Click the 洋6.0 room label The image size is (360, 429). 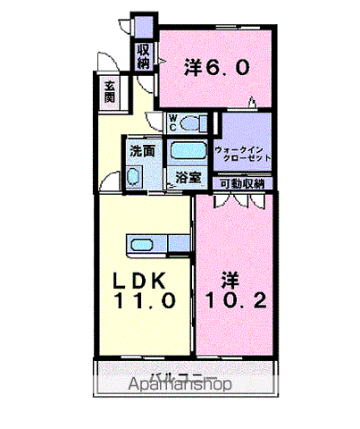[x=211, y=66]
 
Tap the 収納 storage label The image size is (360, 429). [x=144, y=55]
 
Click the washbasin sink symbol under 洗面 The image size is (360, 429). [x=134, y=176]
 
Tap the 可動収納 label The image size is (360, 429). [x=242, y=183]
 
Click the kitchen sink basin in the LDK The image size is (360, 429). [x=142, y=244]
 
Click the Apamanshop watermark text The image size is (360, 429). [x=179, y=385]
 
